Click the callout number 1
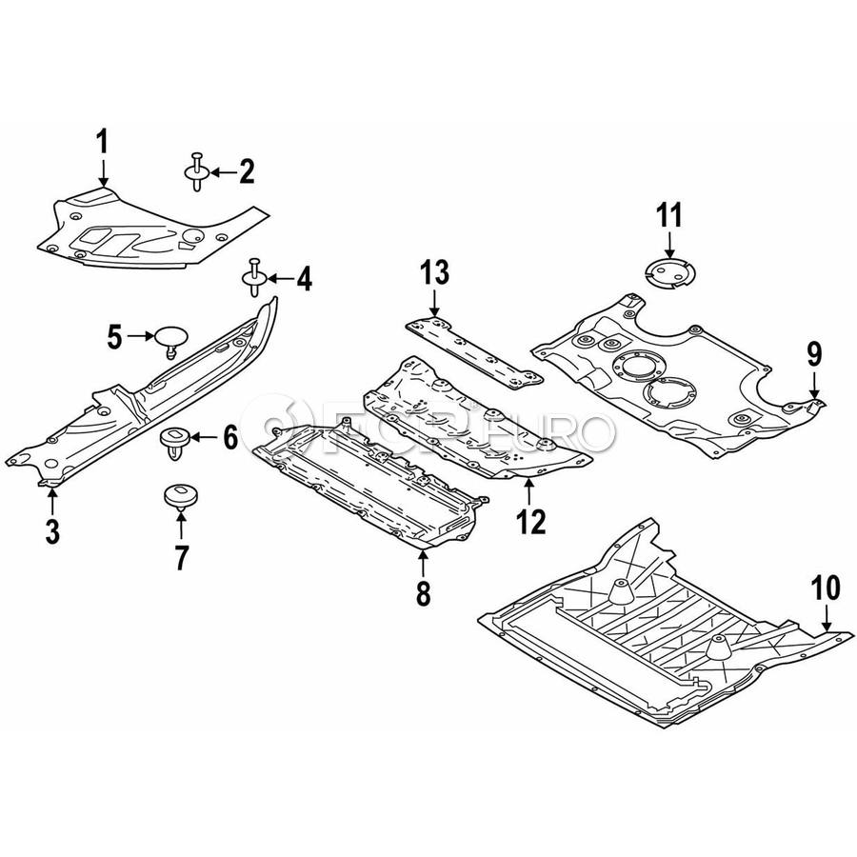tap(103, 143)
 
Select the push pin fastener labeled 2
tap(197, 171)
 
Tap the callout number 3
tap(52, 530)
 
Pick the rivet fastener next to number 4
tap(254, 277)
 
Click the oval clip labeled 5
tap(170, 340)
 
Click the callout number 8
tap(424, 592)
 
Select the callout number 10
tap(826, 589)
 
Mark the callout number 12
tap(530, 522)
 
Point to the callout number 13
tap(435, 271)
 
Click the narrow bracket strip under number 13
tap(474, 352)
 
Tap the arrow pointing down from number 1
tap(103, 173)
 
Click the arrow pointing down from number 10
tap(827, 619)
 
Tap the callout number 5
tap(114, 337)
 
